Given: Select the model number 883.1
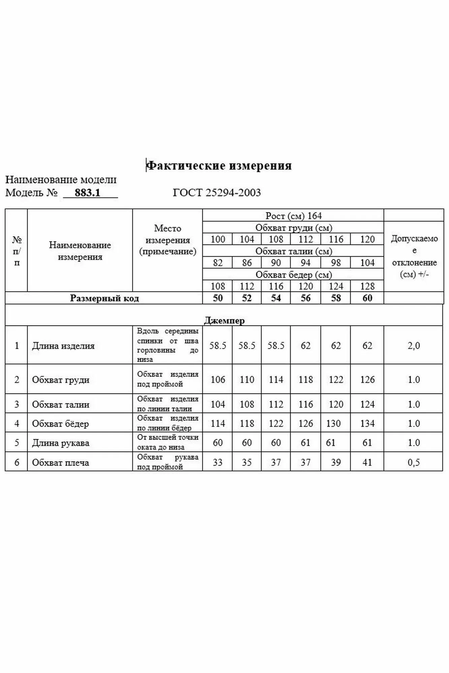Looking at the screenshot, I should pos(88,193).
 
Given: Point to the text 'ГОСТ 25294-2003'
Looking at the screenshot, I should pos(217,193).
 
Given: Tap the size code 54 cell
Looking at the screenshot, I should pos(276,298).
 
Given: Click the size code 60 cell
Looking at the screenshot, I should pos(367,298).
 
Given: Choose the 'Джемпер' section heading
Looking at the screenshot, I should pos(224,320).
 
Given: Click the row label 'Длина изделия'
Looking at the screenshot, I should pos(63,346).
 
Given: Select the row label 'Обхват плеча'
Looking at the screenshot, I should pos(61,463).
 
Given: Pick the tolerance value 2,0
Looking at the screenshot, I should pos(414,346).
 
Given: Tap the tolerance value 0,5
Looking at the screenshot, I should pos(414,463).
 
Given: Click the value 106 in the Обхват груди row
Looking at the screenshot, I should pos(218,380).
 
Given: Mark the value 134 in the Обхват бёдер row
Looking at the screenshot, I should pos(367,424).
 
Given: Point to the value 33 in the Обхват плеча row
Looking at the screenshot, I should pos(218,463).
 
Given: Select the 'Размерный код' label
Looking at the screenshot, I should pos(104,298).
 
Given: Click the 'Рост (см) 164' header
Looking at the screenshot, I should pos(293,216).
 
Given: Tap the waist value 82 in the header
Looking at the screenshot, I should pos(218,263).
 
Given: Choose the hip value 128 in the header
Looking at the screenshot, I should pos(367,286).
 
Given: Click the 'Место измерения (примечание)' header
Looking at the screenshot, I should pos(168,240).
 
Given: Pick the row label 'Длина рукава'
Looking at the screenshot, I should pos(61,443).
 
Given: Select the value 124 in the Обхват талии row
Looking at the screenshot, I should pos(367,404).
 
